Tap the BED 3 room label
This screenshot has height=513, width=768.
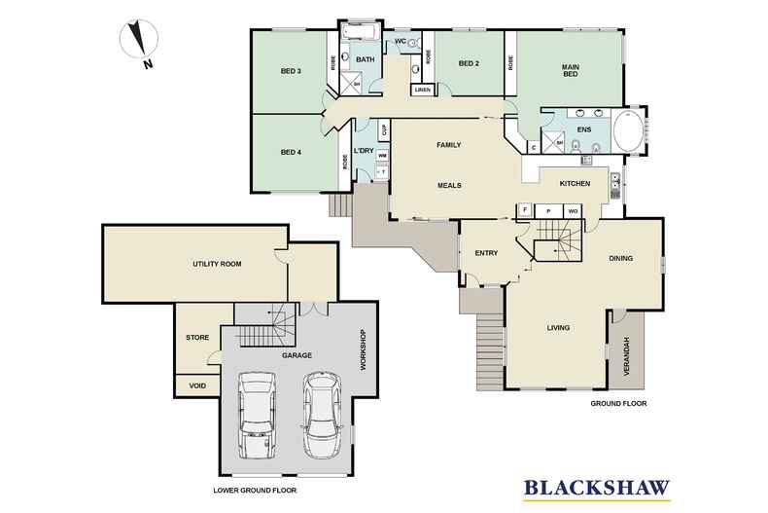pyautogui.click(x=291, y=71)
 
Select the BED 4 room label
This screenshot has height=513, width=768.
pyautogui.click(x=291, y=152)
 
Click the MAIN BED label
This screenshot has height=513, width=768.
pyautogui.click(x=571, y=70)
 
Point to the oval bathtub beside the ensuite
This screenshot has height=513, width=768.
pyautogui.click(x=628, y=131)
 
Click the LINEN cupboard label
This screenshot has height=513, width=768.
pyautogui.click(x=422, y=91)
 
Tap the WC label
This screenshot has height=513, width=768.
pyautogui.click(x=401, y=41)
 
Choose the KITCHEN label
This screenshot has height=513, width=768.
pyautogui.click(x=575, y=183)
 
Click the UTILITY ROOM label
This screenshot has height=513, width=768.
pyautogui.click(x=217, y=264)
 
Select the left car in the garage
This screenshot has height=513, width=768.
pyautogui.click(x=257, y=415)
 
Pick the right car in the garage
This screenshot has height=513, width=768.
pyautogui.click(x=323, y=415)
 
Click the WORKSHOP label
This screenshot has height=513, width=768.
pyautogui.click(x=363, y=349)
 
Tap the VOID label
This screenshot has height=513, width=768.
pyautogui.click(x=197, y=385)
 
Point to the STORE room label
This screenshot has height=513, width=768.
pyautogui.click(x=197, y=338)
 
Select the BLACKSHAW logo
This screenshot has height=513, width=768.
pyautogui.click(x=597, y=489)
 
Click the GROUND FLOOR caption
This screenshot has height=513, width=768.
pyautogui.click(x=618, y=404)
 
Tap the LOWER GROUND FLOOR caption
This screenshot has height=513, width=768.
pyautogui.click(x=255, y=490)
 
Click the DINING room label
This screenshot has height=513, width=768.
pyautogui.click(x=620, y=258)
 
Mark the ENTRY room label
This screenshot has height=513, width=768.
pyautogui.click(x=486, y=253)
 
